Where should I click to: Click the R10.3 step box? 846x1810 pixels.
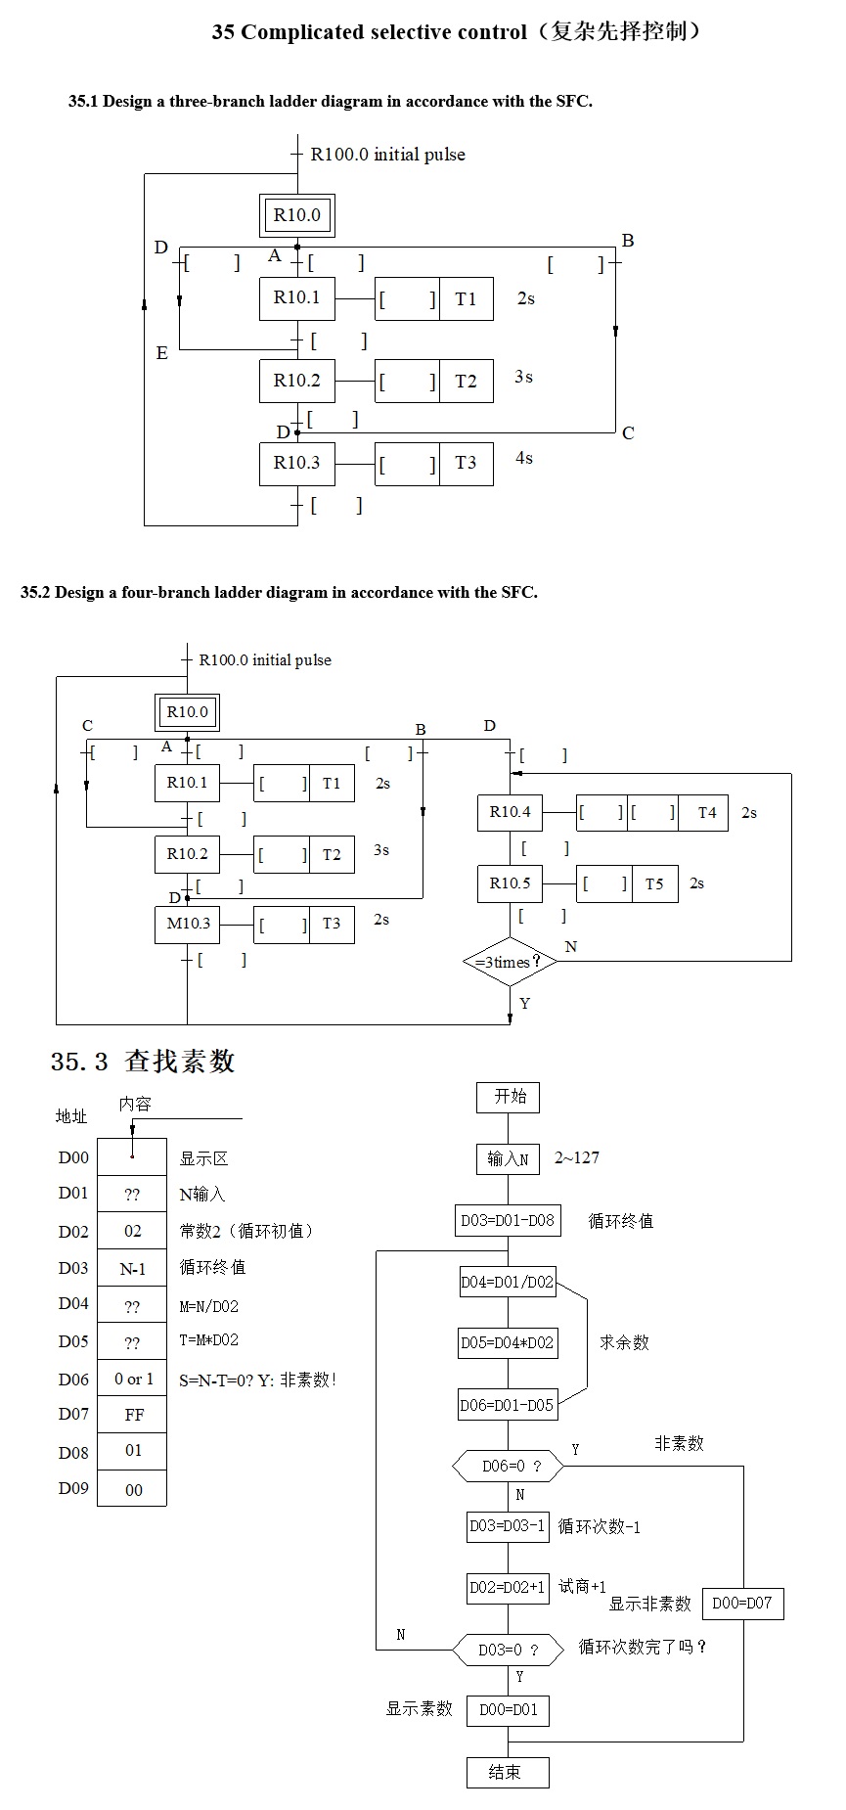[x=296, y=464]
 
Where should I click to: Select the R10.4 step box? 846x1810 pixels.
[x=510, y=812]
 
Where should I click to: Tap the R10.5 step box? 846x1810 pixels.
[x=510, y=883]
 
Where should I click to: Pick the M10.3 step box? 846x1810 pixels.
[x=188, y=924]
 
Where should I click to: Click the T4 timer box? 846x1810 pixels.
[x=706, y=813]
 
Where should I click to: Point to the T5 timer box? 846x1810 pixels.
[x=654, y=884]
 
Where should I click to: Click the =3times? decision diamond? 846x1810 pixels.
[x=509, y=962]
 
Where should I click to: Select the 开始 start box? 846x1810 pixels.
[x=508, y=1097]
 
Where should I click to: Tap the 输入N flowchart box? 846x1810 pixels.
[x=508, y=1159]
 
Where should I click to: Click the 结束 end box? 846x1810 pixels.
[x=507, y=1772]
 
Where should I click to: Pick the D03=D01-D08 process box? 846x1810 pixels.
[x=508, y=1221]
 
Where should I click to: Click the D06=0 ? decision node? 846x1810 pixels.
[x=509, y=1466]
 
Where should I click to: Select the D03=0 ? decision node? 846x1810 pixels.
[x=509, y=1650]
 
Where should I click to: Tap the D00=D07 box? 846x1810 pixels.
[x=742, y=1603]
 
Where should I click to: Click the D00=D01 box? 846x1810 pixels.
[x=508, y=1710]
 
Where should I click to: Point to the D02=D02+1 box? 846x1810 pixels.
[x=507, y=1587]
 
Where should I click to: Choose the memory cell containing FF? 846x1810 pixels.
[x=133, y=1415]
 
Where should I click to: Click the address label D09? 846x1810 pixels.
[x=73, y=1488]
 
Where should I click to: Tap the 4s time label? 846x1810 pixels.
[x=524, y=458]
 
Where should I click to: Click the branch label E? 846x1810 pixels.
[x=162, y=353]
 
